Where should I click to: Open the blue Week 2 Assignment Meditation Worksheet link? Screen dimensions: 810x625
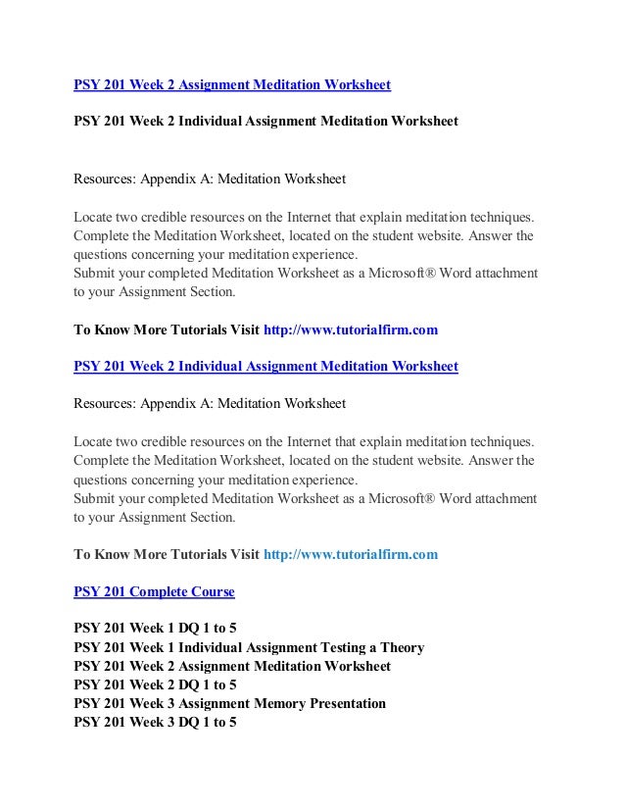click(232, 85)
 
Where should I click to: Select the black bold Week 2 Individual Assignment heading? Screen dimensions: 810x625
click(265, 124)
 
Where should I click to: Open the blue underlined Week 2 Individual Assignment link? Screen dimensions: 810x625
click(265, 368)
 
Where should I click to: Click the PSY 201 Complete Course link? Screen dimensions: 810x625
click(154, 593)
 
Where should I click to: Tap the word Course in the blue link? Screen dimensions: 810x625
click(212, 593)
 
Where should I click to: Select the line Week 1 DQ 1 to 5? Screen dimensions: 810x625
click(155, 629)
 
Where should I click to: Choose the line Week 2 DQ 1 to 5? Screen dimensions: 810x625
click(155, 684)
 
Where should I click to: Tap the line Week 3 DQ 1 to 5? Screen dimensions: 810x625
click(155, 722)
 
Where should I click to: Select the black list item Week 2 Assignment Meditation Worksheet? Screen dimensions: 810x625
click(232, 666)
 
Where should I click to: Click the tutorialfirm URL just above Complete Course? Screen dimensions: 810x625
click(351, 554)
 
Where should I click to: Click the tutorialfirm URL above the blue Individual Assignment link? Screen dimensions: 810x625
click(351, 330)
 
